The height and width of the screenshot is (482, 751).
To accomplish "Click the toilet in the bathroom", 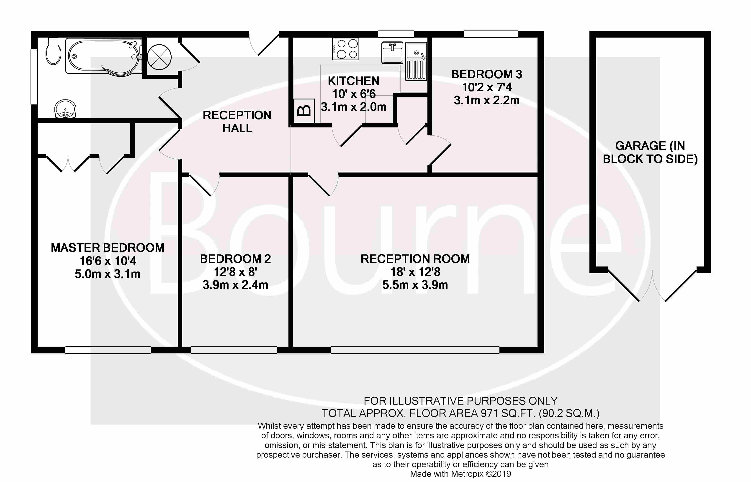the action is [x=53, y=51].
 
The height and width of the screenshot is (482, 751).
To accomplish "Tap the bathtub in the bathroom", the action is [x=104, y=57].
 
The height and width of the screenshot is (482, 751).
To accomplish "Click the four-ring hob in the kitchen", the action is [x=346, y=49].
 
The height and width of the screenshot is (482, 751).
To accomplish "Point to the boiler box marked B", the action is [x=303, y=111].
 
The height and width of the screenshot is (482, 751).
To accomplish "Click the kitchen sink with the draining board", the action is [x=416, y=61].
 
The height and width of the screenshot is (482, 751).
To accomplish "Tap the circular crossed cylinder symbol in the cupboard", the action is [x=159, y=57].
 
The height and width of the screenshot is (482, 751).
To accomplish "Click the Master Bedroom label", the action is [x=108, y=248].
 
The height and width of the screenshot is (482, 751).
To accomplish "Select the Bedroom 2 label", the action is [x=235, y=259].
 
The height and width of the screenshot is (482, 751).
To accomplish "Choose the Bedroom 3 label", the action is [x=486, y=74].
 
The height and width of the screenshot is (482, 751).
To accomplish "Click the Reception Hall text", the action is [x=237, y=122].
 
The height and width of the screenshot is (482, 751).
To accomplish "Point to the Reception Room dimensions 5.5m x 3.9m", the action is [x=415, y=285].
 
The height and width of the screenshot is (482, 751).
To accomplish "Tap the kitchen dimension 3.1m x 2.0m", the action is [x=353, y=107].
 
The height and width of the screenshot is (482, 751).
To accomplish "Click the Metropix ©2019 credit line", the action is [x=460, y=474].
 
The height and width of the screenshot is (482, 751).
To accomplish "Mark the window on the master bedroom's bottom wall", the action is [x=108, y=350].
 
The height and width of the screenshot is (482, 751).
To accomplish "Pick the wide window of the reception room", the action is [x=415, y=350].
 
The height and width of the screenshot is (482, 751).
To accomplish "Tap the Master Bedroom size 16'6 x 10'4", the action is [x=108, y=261].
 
